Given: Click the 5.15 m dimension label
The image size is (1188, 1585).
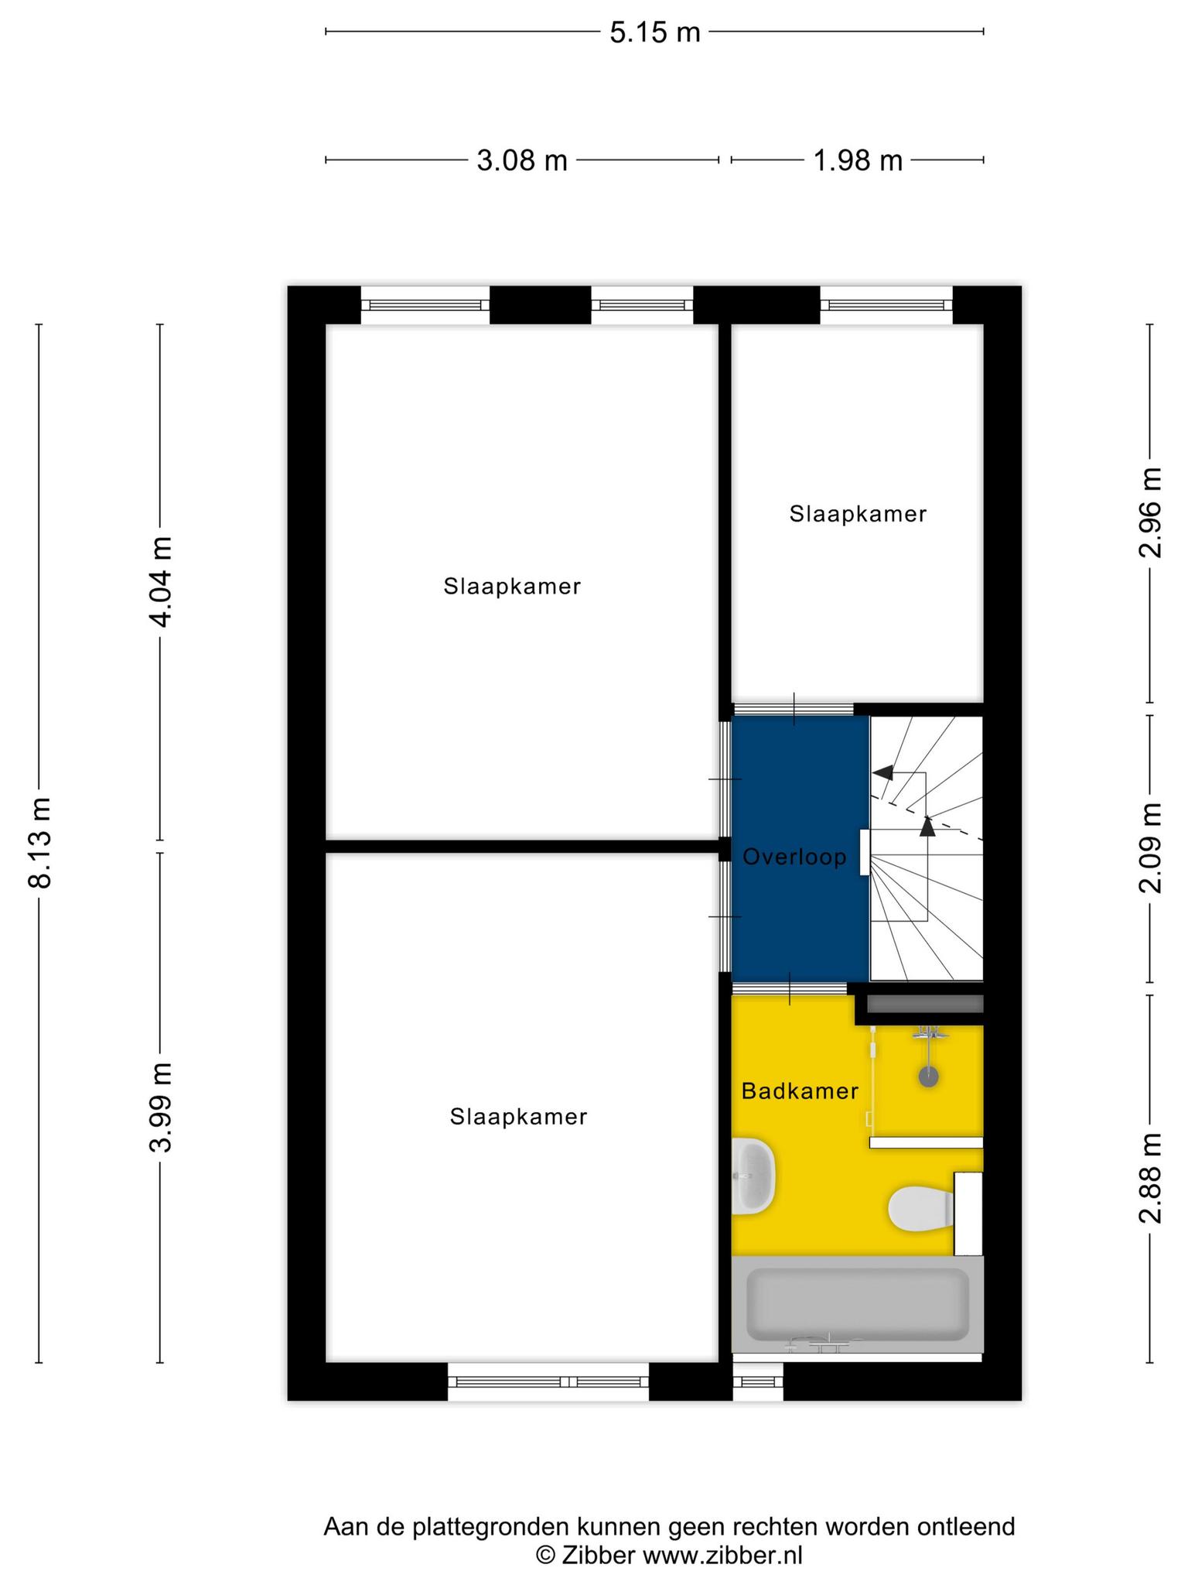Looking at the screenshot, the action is point(655,33).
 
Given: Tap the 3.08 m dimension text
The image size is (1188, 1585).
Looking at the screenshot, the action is point(522,161).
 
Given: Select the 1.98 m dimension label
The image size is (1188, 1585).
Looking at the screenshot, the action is point(858,161).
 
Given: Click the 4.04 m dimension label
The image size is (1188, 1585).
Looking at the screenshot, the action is point(161,581).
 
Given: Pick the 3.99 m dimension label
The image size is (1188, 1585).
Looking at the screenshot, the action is point(161,1107).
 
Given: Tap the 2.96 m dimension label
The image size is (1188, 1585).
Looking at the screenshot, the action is point(1150,512).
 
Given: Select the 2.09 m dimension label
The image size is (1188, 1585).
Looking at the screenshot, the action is point(1150,847).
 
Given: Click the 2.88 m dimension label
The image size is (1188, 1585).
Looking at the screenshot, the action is point(1150,1178).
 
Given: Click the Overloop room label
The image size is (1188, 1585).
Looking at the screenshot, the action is point(795,857).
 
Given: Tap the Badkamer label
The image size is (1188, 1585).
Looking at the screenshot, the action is point(800,1091).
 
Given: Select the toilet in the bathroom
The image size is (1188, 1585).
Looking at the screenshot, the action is point(921,1209).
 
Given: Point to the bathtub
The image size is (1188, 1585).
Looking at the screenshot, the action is point(857,1305).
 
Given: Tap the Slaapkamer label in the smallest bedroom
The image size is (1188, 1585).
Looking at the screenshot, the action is point(858,514).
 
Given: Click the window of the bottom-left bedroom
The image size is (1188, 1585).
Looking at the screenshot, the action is point(548,1382).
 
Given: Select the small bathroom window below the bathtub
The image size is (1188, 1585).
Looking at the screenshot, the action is point(758,1382).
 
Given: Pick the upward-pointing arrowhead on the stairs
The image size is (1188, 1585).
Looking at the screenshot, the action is point(927,826).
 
